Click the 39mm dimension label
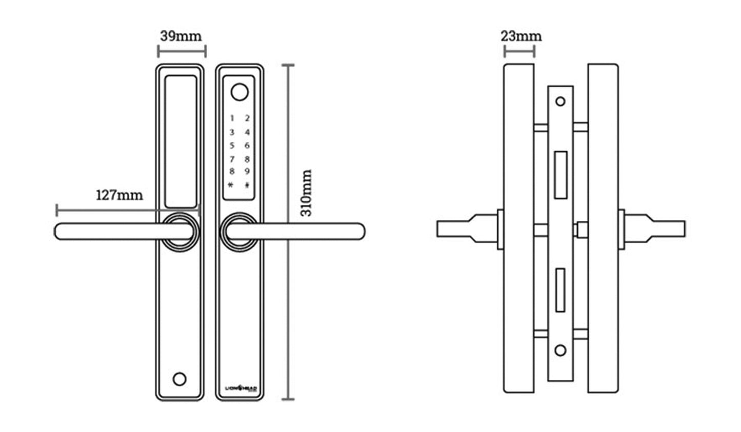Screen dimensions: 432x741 (181, 36)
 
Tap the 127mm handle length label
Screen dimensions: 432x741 (119, 195)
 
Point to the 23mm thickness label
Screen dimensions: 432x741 (521, 36)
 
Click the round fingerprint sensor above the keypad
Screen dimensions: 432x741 (238, 92)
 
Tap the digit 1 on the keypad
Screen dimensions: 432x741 (232, 118)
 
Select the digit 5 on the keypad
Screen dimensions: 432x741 (232, 146)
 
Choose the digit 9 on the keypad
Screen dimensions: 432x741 (247, 172)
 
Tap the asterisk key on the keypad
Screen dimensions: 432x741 (231, 185)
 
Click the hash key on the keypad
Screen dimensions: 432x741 (247, 186)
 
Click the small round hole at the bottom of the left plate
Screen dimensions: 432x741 (179, 379)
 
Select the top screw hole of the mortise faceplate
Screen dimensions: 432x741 (560, 101)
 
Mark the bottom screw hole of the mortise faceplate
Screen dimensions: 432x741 (560, 351)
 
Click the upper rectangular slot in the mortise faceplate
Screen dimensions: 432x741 (560, 174)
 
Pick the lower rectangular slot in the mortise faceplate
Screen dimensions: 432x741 (560, 290)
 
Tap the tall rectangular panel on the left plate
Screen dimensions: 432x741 (180, 141)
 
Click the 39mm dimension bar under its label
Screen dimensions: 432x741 (182, 51)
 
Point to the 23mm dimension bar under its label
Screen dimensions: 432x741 (519, 51)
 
